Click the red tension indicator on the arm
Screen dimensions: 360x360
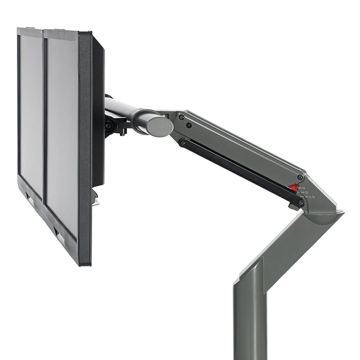pos(292,187)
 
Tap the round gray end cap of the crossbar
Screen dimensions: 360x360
pos(160,126)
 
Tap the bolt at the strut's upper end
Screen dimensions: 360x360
pos(182,142)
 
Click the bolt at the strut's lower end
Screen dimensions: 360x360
pos(301,203)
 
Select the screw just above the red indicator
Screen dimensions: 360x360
pos(300,177)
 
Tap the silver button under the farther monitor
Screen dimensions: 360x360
pos(31,200)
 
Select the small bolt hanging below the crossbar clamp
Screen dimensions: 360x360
pos(122,132)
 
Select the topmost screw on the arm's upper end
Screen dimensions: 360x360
pos(181,117)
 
